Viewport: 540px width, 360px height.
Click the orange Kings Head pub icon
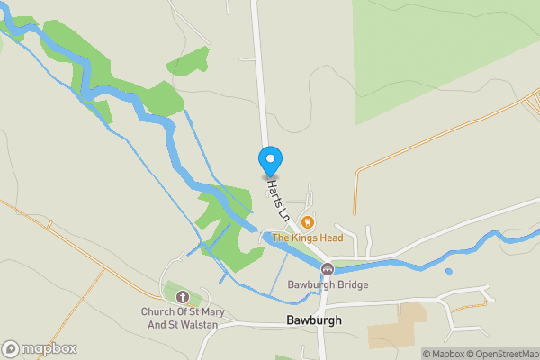[x=308, y=221]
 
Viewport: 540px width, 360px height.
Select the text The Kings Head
[x=308, y=238]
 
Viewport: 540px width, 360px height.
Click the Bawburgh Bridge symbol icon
[x=327, y=269]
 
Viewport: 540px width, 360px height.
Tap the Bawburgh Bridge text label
[x=328, y=285]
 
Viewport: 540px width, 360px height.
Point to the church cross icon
[x=183, y=296]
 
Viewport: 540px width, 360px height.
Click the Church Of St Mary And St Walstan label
[x=183, y=319]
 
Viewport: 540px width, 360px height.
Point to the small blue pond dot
[x=448, y=271]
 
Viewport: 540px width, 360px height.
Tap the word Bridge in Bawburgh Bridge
[x=353, y=285]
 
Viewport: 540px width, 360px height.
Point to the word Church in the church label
[x=156, y=312]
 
